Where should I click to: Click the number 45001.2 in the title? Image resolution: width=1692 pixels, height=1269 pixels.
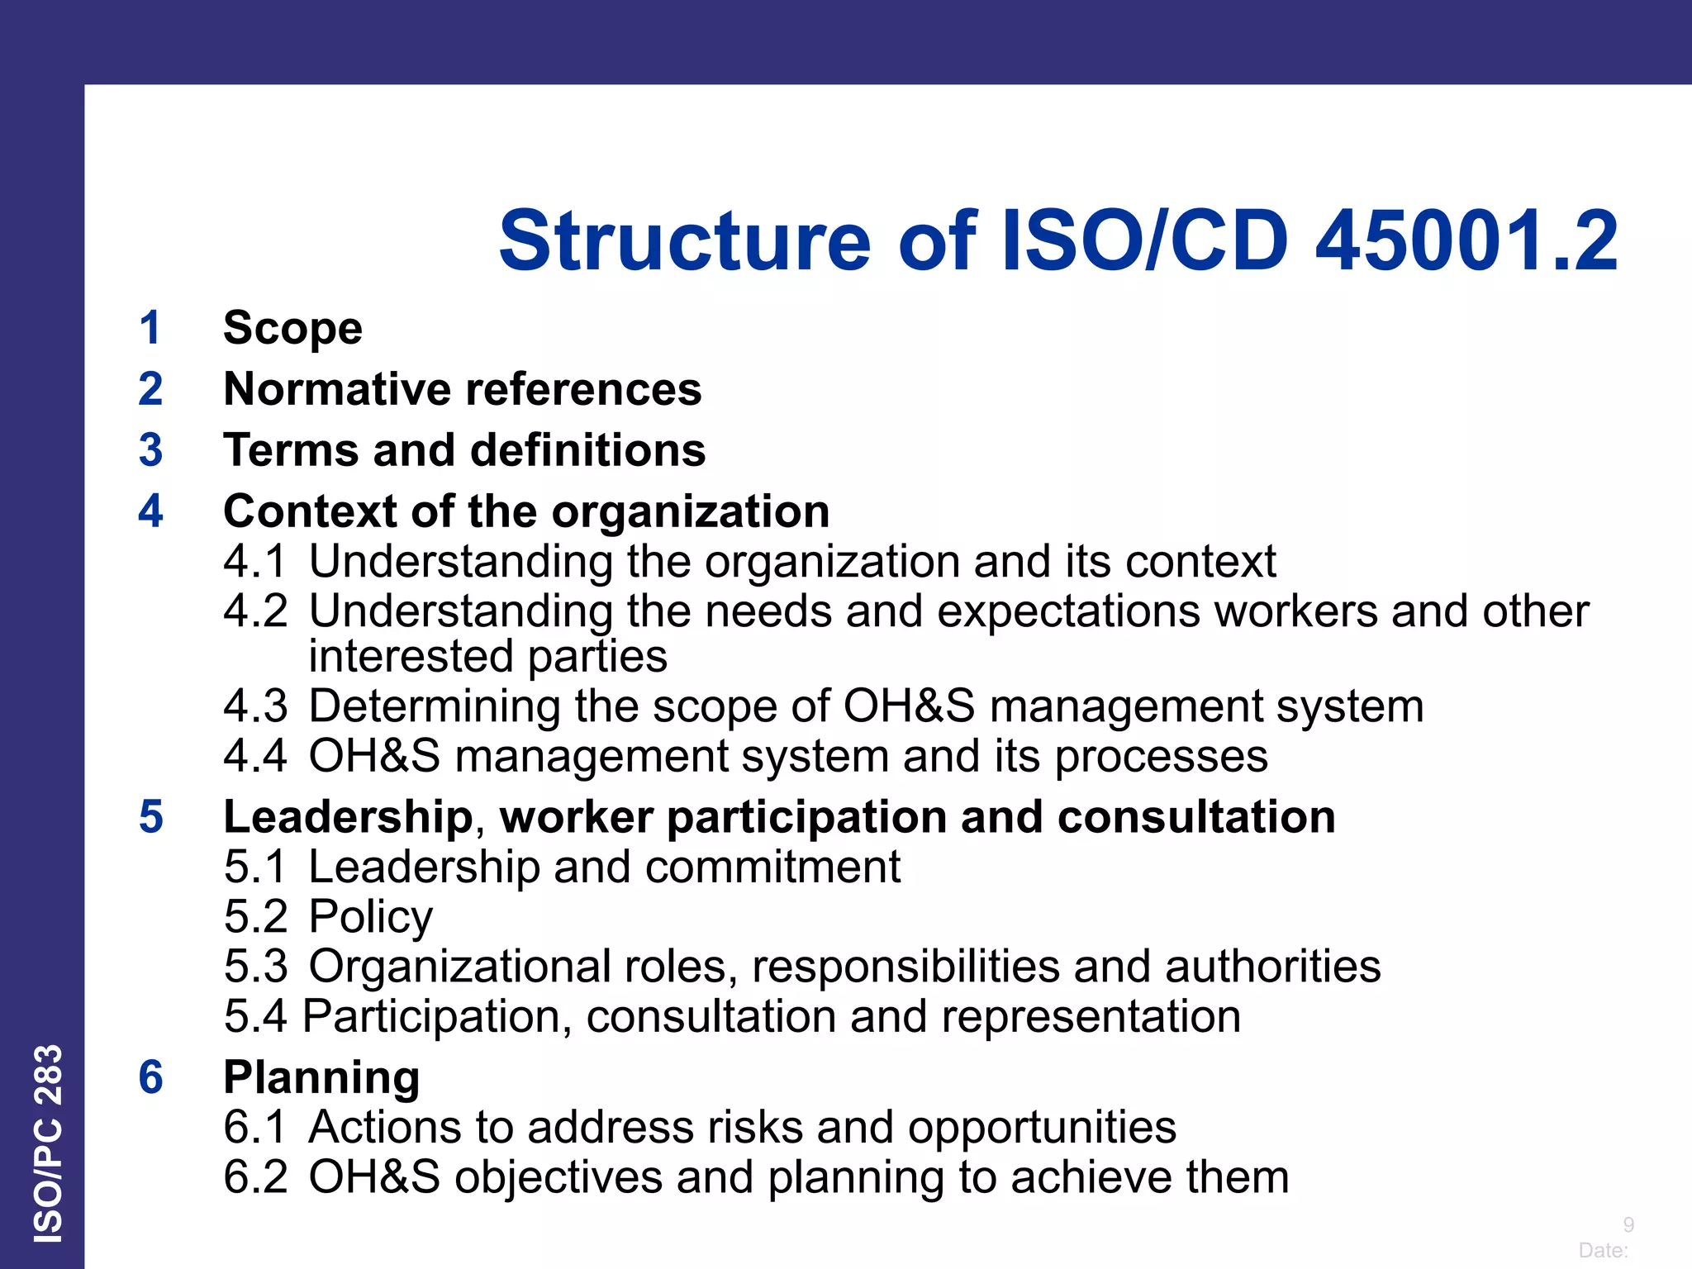pos(1466,241)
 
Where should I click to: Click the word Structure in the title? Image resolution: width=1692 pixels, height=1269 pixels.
pos(685,241)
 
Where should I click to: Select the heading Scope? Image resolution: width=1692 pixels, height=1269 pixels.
pos(292,328)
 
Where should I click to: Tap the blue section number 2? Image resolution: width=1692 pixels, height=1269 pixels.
pos(150,389)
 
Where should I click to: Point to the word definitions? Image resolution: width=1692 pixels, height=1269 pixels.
pos(588,450)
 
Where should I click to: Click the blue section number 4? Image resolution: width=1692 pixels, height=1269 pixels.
pos(150,511)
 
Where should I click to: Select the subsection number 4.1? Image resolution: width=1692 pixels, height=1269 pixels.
pos(255,562)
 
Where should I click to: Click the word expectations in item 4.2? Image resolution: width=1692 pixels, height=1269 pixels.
pos(1068,611)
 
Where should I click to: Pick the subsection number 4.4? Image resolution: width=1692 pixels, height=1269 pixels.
pos(255,756)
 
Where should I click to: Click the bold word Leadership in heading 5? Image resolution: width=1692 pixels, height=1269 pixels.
pos(348,817)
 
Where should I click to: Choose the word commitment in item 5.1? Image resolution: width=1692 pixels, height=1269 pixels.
pos(772,867)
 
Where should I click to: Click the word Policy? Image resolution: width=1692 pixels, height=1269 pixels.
pos(370,917)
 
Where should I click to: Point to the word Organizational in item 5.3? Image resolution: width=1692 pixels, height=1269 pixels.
pos(459,967)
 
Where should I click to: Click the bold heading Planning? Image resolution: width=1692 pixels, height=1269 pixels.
pos(321,1077)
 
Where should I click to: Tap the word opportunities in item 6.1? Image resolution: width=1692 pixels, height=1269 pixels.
pos(1042,1128)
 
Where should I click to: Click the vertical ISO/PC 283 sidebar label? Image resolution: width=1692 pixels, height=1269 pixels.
pos(48,1143)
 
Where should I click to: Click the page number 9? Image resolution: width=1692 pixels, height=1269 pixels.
pos(1628,1224)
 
